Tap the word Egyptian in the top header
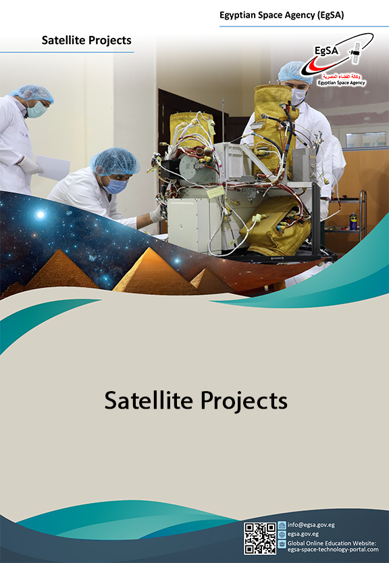pos(239,15)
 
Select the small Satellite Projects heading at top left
pos(86,41)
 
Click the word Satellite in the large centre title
pos(147,400)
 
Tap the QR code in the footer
pos(260,539)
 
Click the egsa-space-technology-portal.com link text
pos(330,550)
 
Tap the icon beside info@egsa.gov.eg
pos(282,525)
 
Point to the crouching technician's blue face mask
pos(116,185)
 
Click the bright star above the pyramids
pos(40,215)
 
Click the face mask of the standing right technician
pos(298,96)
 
